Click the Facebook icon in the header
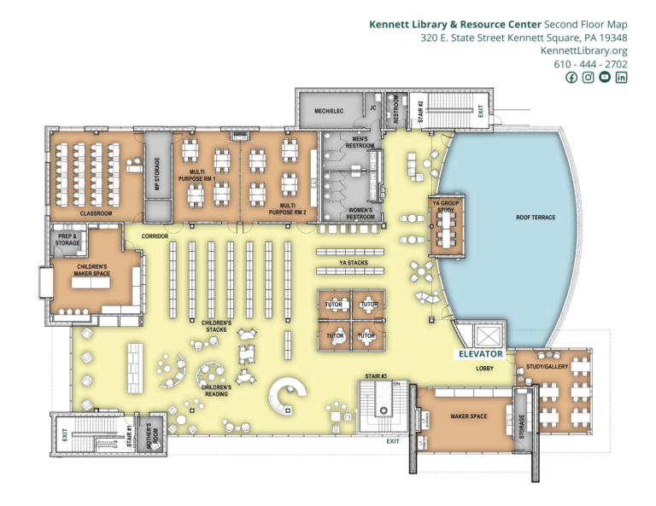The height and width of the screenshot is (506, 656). tap(571, 78)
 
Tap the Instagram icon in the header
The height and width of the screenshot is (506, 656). tap(588, 78)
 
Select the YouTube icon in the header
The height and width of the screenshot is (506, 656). tap(605, 78)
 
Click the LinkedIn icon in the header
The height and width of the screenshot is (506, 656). tap(621, 78)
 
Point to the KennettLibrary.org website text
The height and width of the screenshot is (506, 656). tap(584, 51)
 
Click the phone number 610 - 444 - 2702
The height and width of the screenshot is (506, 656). tap(590, 64)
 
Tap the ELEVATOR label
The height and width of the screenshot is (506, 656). tap(481, 352)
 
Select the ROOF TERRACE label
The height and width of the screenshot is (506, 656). tap(536, 218)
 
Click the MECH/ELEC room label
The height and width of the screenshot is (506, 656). tap(328, 111)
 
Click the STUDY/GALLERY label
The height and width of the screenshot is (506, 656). tap(546, 369)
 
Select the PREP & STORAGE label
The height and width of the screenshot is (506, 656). tap(67, 240)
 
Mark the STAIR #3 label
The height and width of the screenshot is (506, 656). tap(376, 376)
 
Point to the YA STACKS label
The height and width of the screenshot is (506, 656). tap(353, 263)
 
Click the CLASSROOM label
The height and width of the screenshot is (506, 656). tap(96, 213)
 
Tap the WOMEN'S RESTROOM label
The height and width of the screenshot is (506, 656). tap(360, 213)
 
